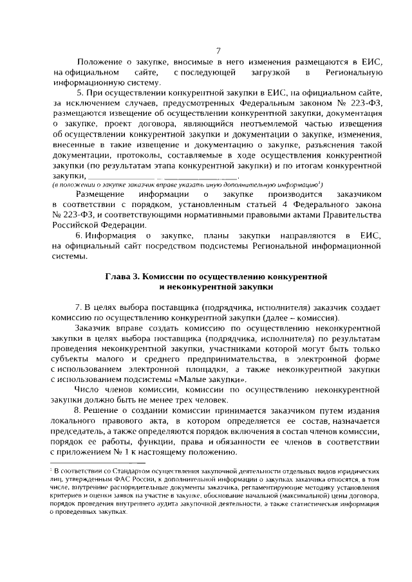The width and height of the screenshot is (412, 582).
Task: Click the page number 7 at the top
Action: pyautogui.click(x=218, y=51)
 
